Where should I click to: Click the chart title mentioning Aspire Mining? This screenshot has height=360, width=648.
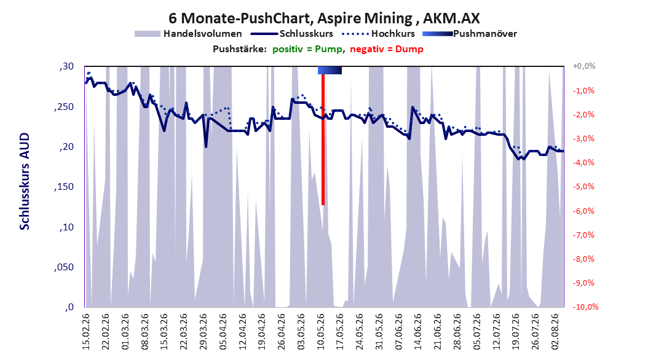[x=324, y=18]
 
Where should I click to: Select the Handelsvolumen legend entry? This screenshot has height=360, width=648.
[x=189, y=34]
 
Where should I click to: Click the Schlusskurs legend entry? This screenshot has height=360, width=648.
[x=293, y=34]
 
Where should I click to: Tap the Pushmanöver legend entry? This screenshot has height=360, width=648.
[x=470, y=34]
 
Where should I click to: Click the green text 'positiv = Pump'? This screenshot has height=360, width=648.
[x=307, y=49]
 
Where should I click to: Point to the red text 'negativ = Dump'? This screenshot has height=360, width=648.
[x=387, y=49]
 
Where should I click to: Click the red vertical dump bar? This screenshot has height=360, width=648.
[x=323, y=139]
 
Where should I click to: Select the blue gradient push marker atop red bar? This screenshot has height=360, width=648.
[x=330, y=70]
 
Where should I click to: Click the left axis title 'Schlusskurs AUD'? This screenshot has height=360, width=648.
[x=25, y=182]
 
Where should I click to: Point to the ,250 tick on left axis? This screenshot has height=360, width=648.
[x=64, y=107]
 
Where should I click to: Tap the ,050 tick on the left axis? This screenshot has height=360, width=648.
[x=64, y=267]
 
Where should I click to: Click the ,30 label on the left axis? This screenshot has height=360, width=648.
[x=66, y=66]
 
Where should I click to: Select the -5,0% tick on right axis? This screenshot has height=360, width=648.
[x=583, y=187]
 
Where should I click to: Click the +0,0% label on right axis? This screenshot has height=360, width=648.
[x=584, y=66]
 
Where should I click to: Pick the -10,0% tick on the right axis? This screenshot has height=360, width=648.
[x=585, y=307]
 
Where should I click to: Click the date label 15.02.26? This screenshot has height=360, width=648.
[x=86, y=332]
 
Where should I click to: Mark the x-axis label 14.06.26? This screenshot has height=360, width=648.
[x=418, y=332]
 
